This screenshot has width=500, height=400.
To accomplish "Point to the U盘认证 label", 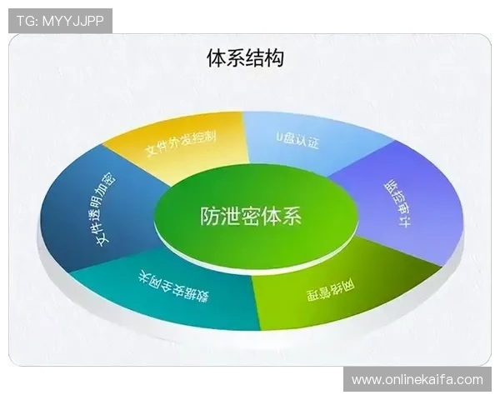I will (297, 139).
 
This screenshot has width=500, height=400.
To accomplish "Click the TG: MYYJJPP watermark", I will (60, 20).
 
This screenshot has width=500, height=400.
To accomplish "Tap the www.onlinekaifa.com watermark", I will (417, 380).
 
